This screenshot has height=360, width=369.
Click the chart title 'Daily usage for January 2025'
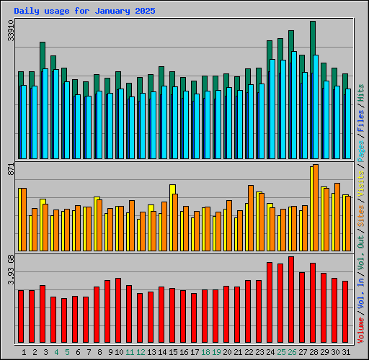click(84, 12)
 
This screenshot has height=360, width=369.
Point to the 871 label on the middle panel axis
click(10, 169)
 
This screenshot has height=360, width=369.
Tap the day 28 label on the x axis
click(314, 352)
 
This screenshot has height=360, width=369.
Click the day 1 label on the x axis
click(24, 352)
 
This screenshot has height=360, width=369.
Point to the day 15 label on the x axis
click(173, 352)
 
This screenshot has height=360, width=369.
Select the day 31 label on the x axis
click(346, 352)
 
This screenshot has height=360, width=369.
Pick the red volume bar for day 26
click(291, 299)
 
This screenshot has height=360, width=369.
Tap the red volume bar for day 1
click(21, 317)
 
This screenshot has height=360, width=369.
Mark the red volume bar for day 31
click(345, 312)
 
